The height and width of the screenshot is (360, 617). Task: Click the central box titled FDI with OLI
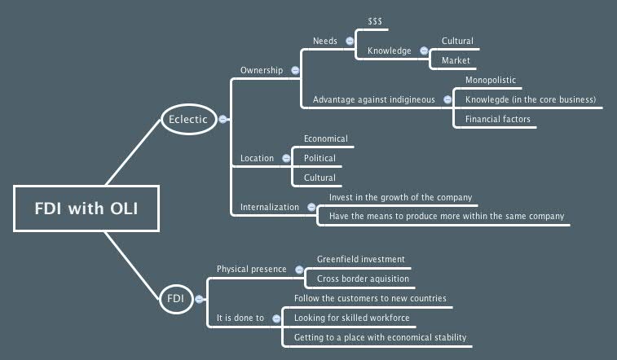[x=86, y=209]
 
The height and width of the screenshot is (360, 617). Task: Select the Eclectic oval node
[x=188, y=119]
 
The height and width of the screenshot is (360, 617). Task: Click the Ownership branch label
[x=261, y=71]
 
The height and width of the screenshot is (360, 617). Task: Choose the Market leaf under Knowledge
[x=456, y=61]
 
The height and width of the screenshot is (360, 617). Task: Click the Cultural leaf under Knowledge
[x=457, y=42]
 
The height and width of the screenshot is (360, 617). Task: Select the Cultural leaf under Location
[x=320, y=178]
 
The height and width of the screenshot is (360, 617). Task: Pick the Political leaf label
[x=320, y=158]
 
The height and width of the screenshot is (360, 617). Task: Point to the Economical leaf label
[x=325, y=139]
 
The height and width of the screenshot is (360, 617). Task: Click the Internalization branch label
[x=270, y=208]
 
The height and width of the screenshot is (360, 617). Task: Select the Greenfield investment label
[x=360, y=260]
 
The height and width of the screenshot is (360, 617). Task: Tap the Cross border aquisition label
[x=363, y=279]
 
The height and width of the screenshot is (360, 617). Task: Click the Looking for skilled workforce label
[x=351, y=318]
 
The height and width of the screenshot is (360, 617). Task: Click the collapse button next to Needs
[x=349, y=41]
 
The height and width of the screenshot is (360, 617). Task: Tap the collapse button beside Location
[x=286, y=158]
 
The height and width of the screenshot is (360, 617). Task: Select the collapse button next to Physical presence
[x=299, y=270]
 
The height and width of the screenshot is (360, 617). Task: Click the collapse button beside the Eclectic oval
[x=223, y=119]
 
